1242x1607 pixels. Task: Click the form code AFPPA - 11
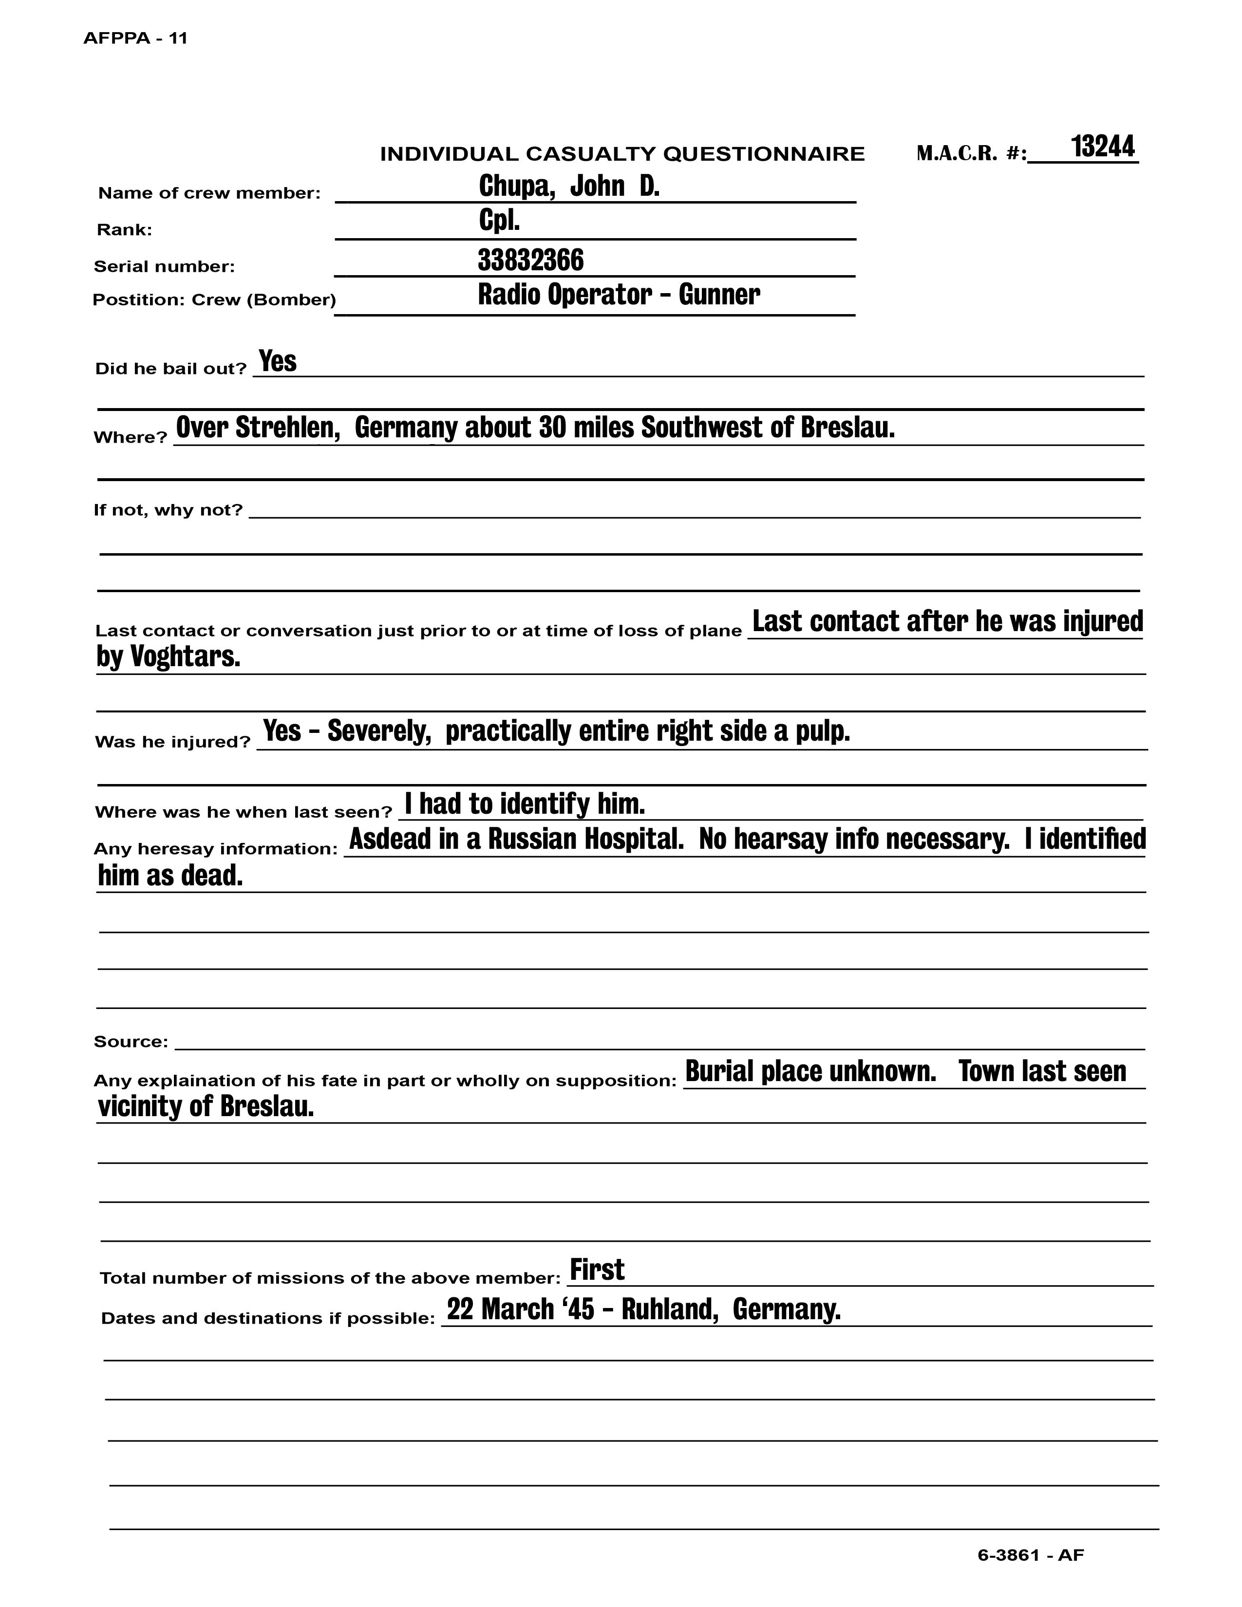[135, 38]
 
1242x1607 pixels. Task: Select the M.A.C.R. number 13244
[1102, 147]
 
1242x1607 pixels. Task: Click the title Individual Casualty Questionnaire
[622, 154]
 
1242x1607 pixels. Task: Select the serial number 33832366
[530, 260]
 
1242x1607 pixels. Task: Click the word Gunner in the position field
[719, 294]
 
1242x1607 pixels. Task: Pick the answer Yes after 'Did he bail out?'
[278, 361]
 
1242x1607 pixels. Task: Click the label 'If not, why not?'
[168, 510]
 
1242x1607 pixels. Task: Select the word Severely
[379, 730]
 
